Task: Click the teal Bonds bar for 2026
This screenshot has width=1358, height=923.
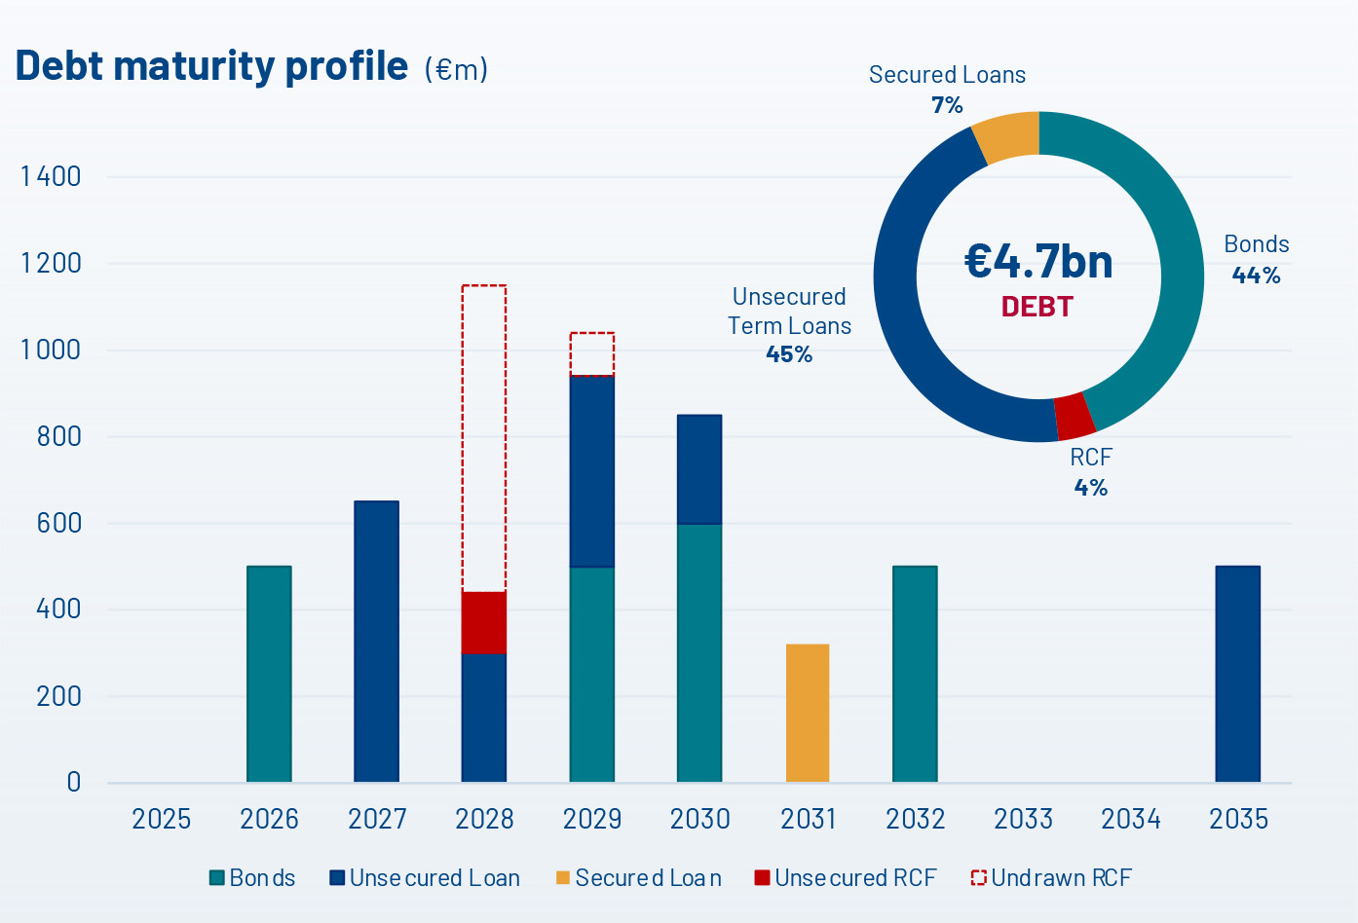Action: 269,674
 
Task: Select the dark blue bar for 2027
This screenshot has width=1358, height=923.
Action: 376,642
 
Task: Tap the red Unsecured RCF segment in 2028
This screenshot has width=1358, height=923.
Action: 484,622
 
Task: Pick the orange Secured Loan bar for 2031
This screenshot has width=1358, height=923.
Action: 808,713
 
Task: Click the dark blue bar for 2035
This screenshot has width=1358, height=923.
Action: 1237,674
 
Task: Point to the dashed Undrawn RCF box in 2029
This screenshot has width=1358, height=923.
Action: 592,353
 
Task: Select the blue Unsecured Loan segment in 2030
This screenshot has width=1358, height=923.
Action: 699,469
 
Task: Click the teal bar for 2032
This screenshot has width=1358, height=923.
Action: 915,674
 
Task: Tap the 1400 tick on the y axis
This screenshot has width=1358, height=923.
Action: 51,177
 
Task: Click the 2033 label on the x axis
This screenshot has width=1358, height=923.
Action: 1023,819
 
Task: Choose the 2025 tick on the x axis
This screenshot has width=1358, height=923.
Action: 162,819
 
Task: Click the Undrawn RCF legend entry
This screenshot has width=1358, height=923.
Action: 1052,878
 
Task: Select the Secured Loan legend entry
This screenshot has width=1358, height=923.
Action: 639,878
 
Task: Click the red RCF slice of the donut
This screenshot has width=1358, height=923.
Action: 1075,417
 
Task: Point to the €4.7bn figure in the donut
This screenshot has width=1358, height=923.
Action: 1038,261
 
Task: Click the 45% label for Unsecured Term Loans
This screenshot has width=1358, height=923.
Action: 789,354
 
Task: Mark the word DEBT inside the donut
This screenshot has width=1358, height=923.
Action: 1037,307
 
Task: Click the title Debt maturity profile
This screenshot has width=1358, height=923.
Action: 211,65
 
